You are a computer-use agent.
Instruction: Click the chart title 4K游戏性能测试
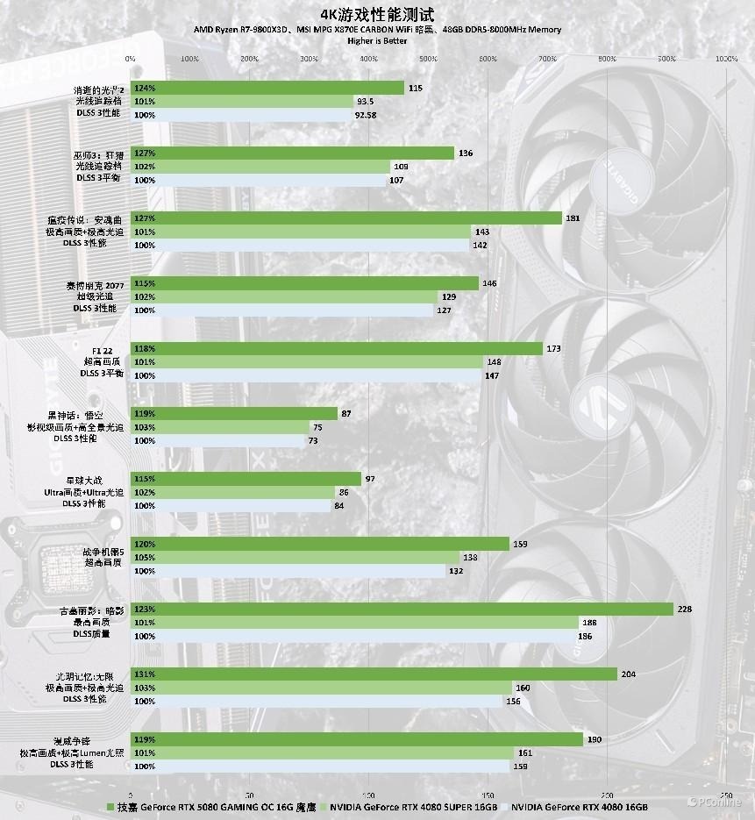tap(377, 14)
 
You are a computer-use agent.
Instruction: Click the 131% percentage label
tap(146, 674)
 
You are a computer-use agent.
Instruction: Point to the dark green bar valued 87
tap(234, 413)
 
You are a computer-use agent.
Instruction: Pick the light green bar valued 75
tap(220, 427)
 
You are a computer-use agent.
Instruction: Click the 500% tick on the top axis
tap(428, 59)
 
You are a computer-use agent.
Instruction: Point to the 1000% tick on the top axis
tap(726, 59)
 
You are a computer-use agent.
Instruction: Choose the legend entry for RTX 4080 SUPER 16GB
tap(413, 805)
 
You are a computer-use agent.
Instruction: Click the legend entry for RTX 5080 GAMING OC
tap(215, 805)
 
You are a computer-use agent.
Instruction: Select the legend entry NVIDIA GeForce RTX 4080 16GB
tap(579, 805)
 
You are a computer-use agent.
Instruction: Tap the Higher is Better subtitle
tap(377, 40)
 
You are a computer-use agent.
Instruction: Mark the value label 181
tap(573, 218)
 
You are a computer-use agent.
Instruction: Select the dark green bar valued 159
tap(320, 544)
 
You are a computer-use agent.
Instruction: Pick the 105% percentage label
tap(146, 558)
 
